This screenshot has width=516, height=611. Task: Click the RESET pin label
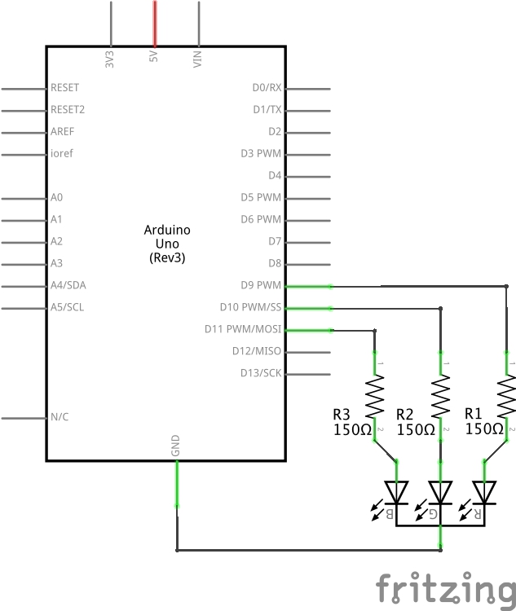[x=64, y=87]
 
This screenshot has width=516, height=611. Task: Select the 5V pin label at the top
[x=153, y=59]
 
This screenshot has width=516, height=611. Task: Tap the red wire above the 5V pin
[x=154, y=22]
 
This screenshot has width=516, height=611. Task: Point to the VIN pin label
[x=197, y=59]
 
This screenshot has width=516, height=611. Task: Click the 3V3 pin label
[x=110, y=59]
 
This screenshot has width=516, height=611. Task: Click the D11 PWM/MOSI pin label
[x=243, y=329]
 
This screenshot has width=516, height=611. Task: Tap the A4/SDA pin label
[x=67, y=285]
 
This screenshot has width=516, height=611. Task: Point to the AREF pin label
[x=62, y=131]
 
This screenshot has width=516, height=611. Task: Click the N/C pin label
[x=60, y=417]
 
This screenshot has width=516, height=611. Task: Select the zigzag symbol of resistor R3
[x=375, y=396]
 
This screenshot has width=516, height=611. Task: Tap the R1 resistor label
[x=474, y=413]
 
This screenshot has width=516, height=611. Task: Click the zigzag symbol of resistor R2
[x=441, y=396]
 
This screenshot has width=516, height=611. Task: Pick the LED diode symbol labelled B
[x=397, y=492]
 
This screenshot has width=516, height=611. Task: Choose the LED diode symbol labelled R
[x=485, y=492]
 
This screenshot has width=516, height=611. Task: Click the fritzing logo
[x=445, y=588]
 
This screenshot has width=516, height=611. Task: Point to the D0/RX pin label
[x=267, y=87]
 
